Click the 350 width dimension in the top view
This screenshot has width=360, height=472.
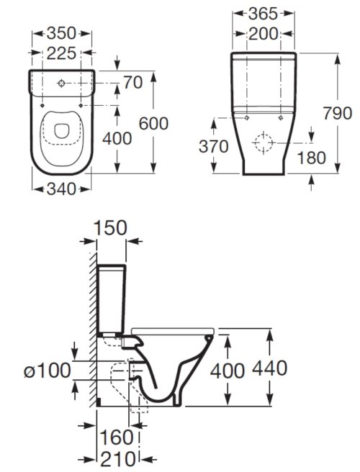61,33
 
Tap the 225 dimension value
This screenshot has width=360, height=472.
61,53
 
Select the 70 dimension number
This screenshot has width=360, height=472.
133,83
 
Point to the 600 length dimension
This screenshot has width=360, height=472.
153,124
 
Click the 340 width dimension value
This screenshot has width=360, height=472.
61,189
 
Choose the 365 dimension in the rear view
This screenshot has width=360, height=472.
263,14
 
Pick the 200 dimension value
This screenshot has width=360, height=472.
263,34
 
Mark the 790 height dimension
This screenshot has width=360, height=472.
338,113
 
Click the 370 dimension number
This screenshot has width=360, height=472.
214,147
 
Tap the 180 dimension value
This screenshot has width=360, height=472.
312,158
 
